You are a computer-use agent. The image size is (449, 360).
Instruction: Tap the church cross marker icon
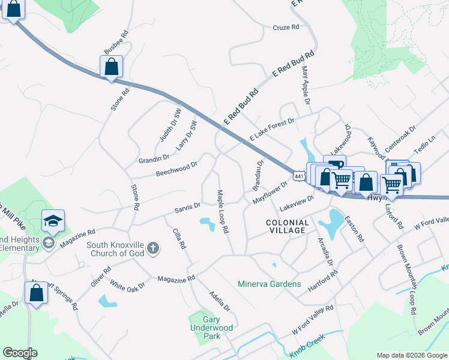click(x=153, y=248)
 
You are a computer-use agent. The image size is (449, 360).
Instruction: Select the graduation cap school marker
click(x=53, y=221)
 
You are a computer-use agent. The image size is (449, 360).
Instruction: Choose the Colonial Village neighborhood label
click(x=288, y=226)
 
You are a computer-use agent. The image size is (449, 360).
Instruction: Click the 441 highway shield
click(x=300, y=175)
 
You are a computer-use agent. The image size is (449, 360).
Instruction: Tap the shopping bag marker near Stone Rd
click(x=112, y=67)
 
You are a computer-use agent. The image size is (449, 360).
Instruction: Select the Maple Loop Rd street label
click(x=223, y=211)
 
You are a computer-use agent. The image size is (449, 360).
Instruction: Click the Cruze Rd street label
click(x=286, y=28)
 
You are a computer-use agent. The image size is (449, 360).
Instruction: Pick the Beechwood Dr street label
click(x=176, y=169)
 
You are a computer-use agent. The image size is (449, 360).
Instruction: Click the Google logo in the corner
click(x=20, y=352)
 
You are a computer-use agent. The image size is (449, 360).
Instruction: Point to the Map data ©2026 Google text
click(x=411, y=355)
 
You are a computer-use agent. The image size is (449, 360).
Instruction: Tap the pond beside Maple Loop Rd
click(x=208, y=225)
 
